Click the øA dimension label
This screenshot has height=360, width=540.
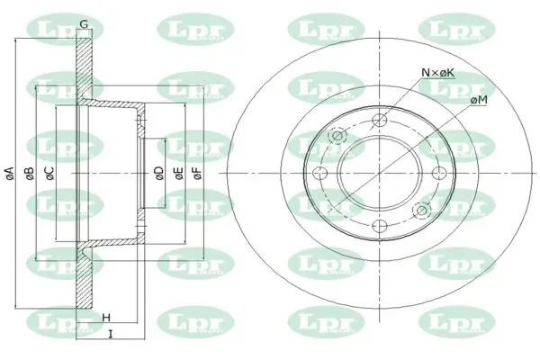tap(10, 173)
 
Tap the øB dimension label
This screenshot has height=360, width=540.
tap(30, 173)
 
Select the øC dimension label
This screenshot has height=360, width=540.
tap(49, 173)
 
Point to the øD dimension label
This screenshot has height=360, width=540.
tap(159, 173)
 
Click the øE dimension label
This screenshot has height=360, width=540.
tap(179, 173)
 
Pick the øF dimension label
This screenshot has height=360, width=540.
tap(198, 173)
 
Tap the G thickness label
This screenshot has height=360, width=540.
tap(84, 24)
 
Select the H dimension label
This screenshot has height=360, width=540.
tap(106, 318)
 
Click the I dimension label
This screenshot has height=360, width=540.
tap(111, 334)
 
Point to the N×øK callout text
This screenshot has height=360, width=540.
tap(438, 73)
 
